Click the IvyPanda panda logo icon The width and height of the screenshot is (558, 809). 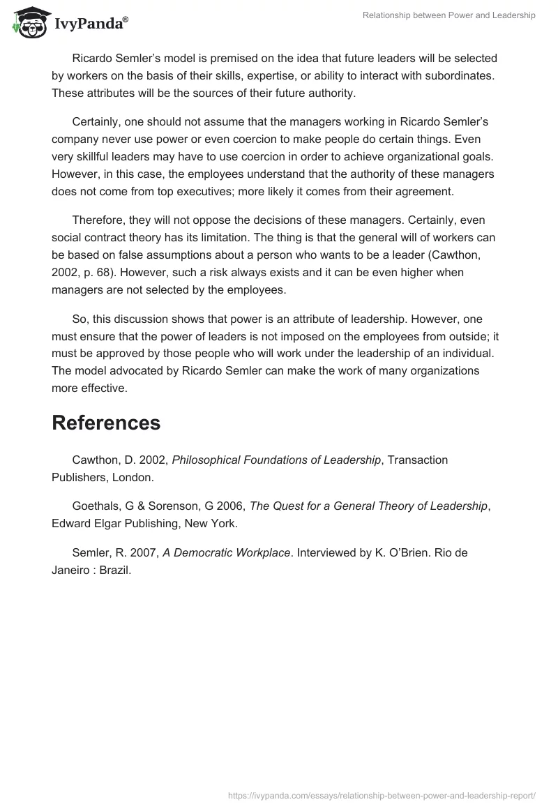(x=27, y=23)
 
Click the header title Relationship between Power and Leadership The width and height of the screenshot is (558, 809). (x=448, y=15)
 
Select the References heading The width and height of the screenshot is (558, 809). (x=106, y=423)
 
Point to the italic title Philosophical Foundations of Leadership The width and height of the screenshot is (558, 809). (x=276, y=460)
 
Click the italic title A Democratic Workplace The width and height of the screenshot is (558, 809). (x=226, y=552)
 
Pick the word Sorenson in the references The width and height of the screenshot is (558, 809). (x=179, y=506)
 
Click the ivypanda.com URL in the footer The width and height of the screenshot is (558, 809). (x=382, y=794)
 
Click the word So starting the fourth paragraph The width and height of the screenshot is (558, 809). (x=80, y=319)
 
